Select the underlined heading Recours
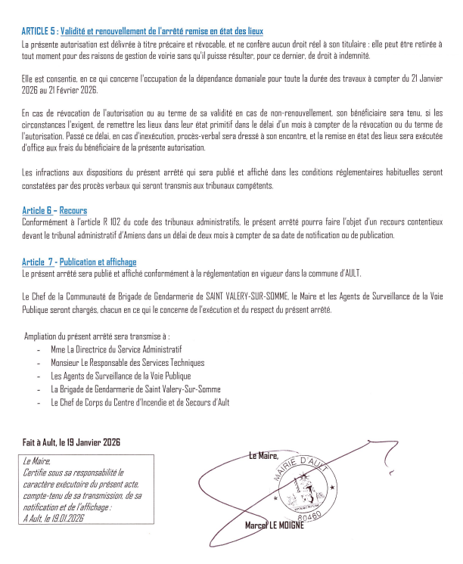[x=73, y=211]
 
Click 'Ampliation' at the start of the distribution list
[x=44, y=336]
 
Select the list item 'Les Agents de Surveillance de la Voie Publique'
[x=120, y=376]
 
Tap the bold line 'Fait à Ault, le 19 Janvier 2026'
[x=73, y=442]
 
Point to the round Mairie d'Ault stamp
[x=302, y=484]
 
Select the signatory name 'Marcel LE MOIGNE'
[x=274, y=525]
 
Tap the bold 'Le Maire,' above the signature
[x=263, y=455]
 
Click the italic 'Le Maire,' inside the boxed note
[x=37, y=460]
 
